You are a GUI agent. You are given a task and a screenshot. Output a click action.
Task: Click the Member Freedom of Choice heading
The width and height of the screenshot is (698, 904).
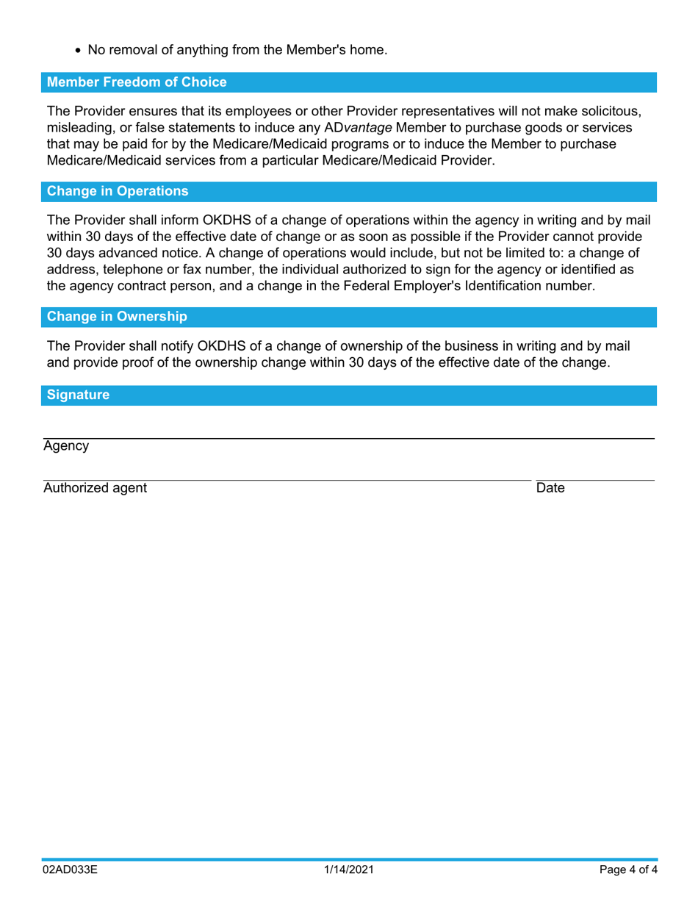[137, 82]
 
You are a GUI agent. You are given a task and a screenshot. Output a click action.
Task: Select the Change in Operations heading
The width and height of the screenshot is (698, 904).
[118, 191]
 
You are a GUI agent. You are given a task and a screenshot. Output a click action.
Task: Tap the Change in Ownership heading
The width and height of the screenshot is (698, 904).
[117, 317]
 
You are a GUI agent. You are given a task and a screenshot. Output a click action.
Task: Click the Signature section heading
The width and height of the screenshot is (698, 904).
[78, 395]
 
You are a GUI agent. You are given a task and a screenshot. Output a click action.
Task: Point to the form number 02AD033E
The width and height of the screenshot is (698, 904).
[70, 870]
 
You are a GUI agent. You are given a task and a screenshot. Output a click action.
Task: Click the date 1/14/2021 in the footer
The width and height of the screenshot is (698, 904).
[349, 870]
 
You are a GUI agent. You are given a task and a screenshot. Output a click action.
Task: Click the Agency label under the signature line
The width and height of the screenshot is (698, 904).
[66, 446]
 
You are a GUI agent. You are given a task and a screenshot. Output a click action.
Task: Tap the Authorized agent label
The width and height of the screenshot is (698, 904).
[95, 488]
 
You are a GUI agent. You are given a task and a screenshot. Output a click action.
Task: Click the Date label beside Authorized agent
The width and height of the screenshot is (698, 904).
[550, 488]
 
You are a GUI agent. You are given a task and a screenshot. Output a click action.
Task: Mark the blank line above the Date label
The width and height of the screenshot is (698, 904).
[594, 481]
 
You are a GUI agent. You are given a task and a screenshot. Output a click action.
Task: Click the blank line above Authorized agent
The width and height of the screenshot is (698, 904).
[287, 481]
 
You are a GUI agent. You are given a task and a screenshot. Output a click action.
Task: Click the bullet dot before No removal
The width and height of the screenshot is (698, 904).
[78, 51]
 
